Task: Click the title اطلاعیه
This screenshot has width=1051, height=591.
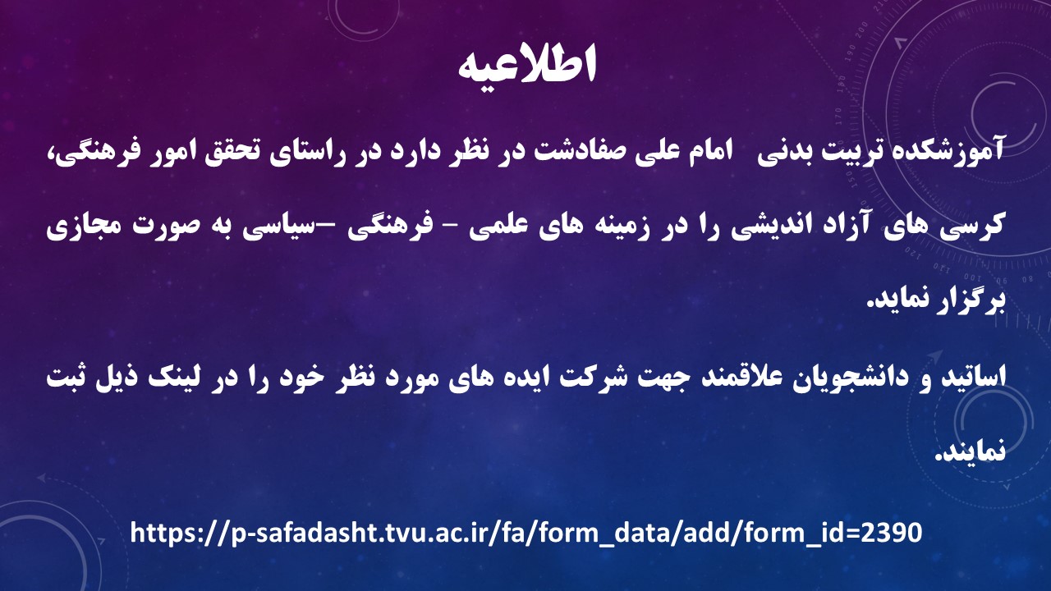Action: [526, 65]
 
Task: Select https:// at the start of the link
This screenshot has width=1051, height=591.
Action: [179, 534]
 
